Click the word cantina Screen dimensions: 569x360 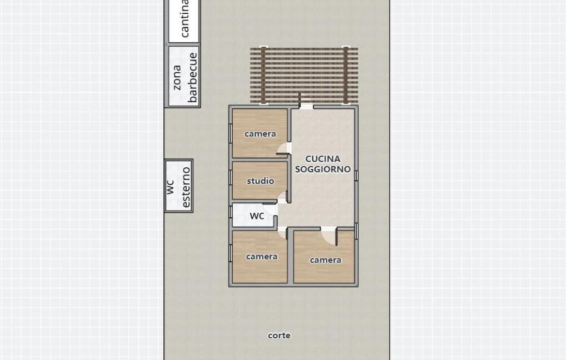pos(184,18)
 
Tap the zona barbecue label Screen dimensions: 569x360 pos(185,77)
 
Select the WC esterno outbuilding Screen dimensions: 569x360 pos(178,186)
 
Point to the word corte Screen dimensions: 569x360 pos(279,336)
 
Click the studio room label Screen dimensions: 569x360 pos(261,181)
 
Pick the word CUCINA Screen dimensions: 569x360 pos(323,159)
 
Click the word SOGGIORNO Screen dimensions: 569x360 pos(323,169)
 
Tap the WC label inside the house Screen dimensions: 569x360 pos(257,216)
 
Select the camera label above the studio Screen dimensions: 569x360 pos(260,134)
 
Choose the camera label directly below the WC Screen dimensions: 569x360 pos(262,257)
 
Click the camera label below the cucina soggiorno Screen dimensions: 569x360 pos(326,260)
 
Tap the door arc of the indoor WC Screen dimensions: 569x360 pos(271,209)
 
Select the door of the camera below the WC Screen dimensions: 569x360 pos(282,232)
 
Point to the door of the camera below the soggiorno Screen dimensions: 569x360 pos(329,236)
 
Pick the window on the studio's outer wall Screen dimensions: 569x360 pos(231,177)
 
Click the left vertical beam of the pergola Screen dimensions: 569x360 pos(263,75)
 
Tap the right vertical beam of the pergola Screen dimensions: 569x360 pos(346,75)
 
